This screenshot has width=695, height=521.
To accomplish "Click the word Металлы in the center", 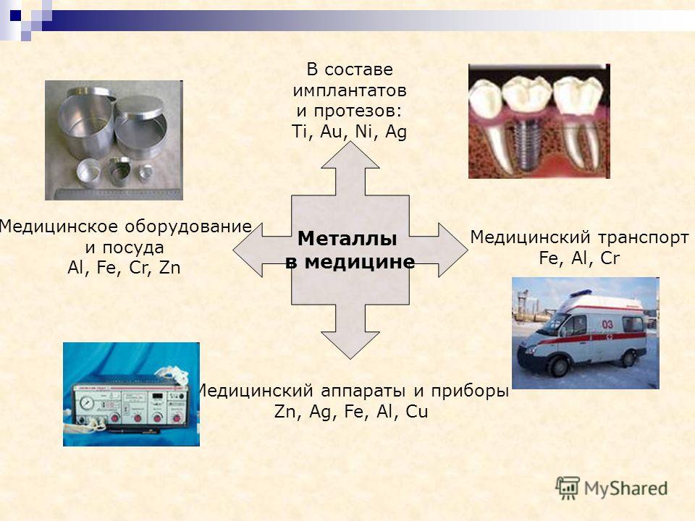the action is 347,239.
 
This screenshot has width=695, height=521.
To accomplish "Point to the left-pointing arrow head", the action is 248,250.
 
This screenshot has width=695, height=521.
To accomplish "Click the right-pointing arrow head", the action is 453,250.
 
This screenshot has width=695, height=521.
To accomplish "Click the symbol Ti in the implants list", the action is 299,132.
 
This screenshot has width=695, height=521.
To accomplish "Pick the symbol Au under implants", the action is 331,132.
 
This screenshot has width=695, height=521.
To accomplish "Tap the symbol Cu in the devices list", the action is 417,412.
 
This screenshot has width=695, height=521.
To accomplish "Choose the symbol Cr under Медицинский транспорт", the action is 610,258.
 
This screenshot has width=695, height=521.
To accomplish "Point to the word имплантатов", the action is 350,90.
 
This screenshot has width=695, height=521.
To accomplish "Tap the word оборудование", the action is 188,226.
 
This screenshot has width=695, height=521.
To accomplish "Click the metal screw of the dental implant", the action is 526,144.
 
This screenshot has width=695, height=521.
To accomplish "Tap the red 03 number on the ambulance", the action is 607,324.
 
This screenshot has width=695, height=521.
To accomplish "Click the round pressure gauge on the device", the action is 86,404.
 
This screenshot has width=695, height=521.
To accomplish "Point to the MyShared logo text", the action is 625,488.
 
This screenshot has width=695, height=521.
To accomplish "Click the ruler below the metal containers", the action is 119,194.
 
